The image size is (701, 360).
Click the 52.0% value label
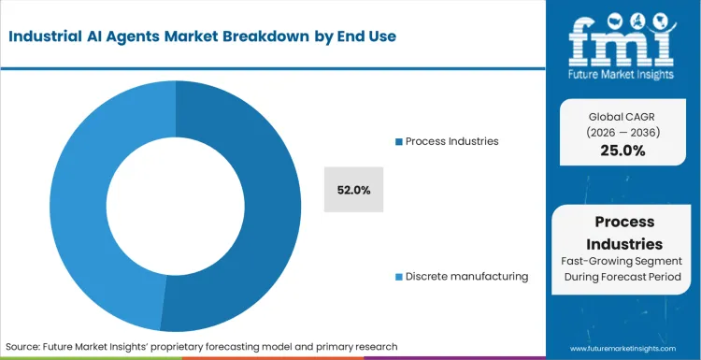(x=354, y=190)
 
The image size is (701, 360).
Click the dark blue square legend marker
(x=399, y=141)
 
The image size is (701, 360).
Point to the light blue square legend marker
(x=399, y=277)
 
